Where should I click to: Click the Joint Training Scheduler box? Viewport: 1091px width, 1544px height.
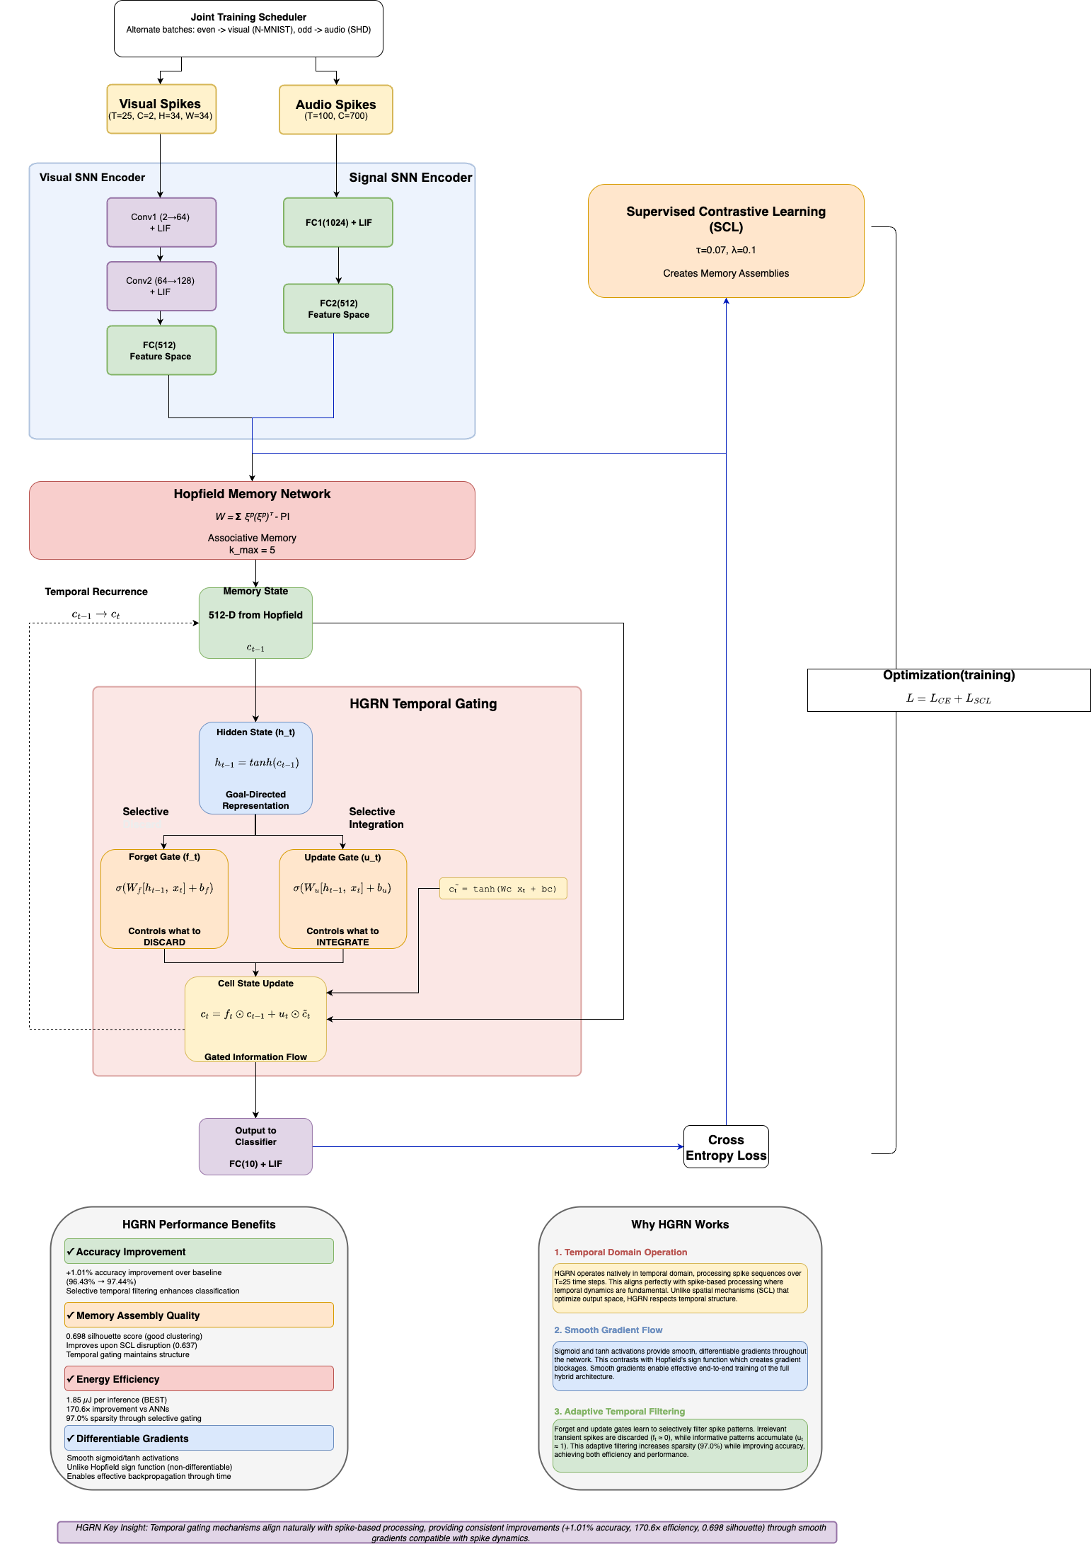pyautogui.click(x=248, y=28)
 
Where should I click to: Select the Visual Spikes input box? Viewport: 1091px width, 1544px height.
pyautogui.click(x=161, y=109)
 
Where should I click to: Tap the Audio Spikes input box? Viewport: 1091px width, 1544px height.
pyautogui.click(x=335, y=110)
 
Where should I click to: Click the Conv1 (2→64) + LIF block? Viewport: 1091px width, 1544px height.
pyautogui.click(x=161, y=222)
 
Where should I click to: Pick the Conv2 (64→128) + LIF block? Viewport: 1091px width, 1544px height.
pyautogui.click(x=161, y=286)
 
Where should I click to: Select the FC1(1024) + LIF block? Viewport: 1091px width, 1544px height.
pyautogui.click(x=338, y=222)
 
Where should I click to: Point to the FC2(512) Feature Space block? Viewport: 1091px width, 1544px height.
pyautogui.click(x=338, y=309)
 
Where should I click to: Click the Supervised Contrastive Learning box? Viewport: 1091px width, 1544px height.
pyautogui.click(x=726, y=241)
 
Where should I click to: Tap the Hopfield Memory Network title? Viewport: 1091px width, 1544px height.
pyautogui.click(x=252, y=494)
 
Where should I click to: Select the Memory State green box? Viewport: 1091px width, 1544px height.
pyautogui.click(x=255, y=623)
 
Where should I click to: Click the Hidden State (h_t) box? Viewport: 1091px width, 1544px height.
pyautogui.click(x=255, y=768)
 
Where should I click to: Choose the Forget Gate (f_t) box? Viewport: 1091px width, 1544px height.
pyautogui.click(x=164, y=899)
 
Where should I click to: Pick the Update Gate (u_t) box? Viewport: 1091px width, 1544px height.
pyautogui.click(x=342, y=899)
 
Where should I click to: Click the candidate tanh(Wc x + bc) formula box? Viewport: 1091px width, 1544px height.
pyautogui.click(x=503, y=889)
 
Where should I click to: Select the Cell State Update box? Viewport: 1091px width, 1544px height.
pyautogui.click(x=255, y=1019)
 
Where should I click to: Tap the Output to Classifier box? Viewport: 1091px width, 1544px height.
pyautogui.click(x=255, y=1146)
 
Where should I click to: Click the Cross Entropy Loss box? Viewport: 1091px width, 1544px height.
pyautogui.click(x=726, y=1147)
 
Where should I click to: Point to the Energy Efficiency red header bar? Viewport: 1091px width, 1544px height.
pyautogui.click(x=199, y=1378)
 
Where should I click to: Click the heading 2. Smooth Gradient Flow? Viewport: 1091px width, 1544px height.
pyautogui.click(x=608, y=1330)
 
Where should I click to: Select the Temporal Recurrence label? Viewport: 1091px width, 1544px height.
pyautogui.click(x=96, y=592)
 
